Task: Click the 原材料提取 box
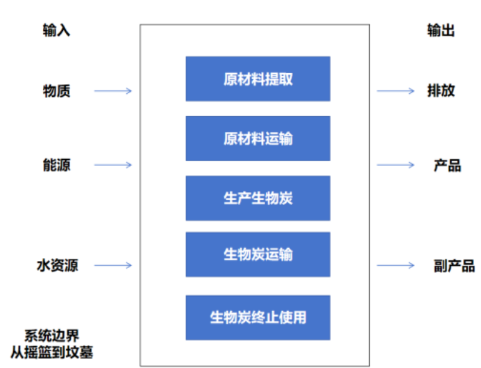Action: [x=257, y=79]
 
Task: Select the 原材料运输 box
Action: [x=257, y=138]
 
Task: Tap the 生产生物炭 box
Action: [x=257, y=198]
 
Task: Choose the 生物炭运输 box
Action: [x=257, y=254]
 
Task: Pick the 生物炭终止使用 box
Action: [x=257, y=317]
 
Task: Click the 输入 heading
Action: [x=57, y=30]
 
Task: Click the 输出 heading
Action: [x=441, y=30]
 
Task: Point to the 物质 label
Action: [x=57, y=91]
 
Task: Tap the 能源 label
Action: [x=57, y=165]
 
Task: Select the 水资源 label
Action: [x=57, y=265]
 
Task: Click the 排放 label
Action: [x=441, y=91]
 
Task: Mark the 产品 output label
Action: [x=447, y=165]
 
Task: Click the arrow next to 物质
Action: [x=112, y=91]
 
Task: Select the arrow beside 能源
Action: [x=112, y=165]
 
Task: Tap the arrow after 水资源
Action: [x=112, y=265]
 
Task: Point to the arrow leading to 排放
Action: [x=395, y=91]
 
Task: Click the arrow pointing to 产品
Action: [x=395, y=165]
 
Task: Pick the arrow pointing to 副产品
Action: [x=395, y=265]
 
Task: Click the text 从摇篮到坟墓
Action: [x=52, y=352]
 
